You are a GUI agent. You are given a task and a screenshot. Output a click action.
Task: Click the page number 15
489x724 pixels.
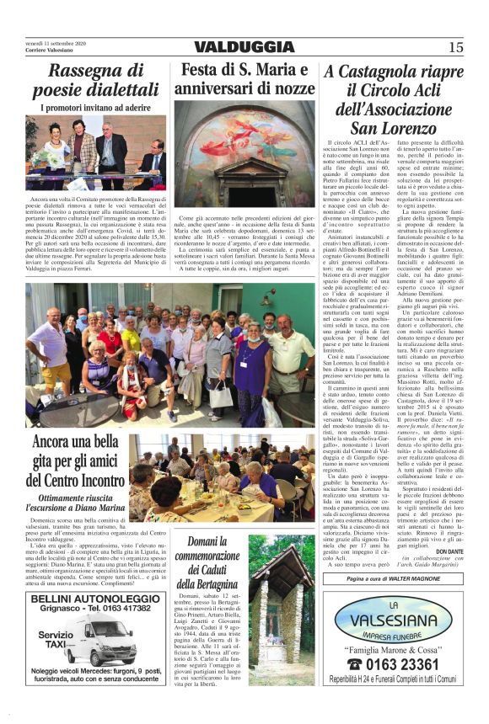(x=456, y=48)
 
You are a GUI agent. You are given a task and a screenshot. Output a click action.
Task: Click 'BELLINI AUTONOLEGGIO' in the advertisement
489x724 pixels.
(x=95, y=599)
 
